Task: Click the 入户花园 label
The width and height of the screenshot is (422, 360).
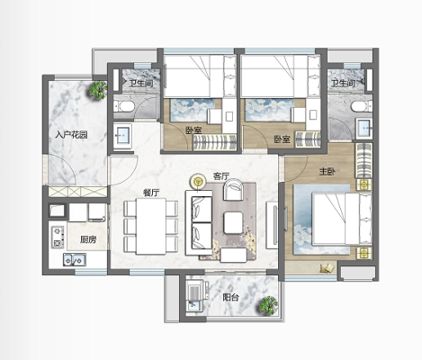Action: (x=71, y=135)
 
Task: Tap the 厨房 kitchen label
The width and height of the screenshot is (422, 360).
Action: (x=88, y=239)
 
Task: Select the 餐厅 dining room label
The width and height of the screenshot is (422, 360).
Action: (x=151, y=193)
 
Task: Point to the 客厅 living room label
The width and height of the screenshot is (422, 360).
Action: (x=221, y=176)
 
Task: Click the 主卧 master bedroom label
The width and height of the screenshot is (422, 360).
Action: (x=328, y=172)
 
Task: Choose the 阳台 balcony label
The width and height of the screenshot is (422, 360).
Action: (x=230, y=297)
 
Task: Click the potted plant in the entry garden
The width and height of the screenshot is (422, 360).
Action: (x=98, y=89)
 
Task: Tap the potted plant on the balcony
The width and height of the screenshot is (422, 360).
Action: (x=268, y=305)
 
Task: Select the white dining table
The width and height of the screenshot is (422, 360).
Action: (x=151, y=226)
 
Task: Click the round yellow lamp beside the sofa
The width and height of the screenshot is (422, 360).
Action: (x=198, y=181)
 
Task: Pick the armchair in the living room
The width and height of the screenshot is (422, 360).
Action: (x=233, y=190)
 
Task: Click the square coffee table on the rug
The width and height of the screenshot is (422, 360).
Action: (x=233, y=222)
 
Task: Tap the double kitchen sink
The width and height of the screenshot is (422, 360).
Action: (x=75, y=260)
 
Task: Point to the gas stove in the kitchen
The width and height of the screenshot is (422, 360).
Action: (x=58, y=237)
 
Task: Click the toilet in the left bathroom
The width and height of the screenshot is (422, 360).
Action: (x=123, y=106)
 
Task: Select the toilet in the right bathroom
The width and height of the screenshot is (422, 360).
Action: (x=362, y=106)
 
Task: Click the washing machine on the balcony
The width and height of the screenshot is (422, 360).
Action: (x=196, y=290)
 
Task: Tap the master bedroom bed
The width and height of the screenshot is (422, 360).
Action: (x=342, y=219)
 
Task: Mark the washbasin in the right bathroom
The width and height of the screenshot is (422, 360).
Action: (x=364, y=129)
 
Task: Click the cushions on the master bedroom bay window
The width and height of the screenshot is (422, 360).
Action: (x=328, y=268)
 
